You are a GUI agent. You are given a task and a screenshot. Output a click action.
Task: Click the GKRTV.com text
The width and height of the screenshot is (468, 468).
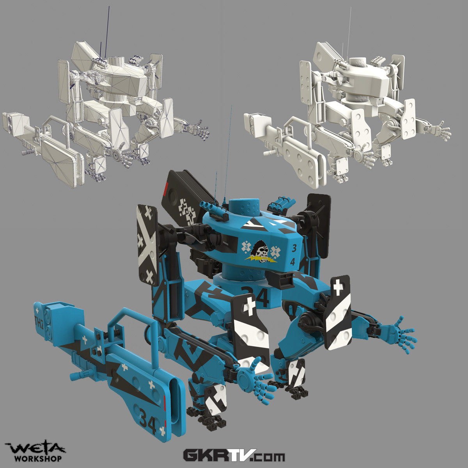click(x=234, y=456)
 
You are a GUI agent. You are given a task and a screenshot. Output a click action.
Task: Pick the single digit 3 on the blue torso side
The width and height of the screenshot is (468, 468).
click(x=294, y=248)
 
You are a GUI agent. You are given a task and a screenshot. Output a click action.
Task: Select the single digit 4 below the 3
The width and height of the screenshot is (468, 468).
click(x=293, y=262)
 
